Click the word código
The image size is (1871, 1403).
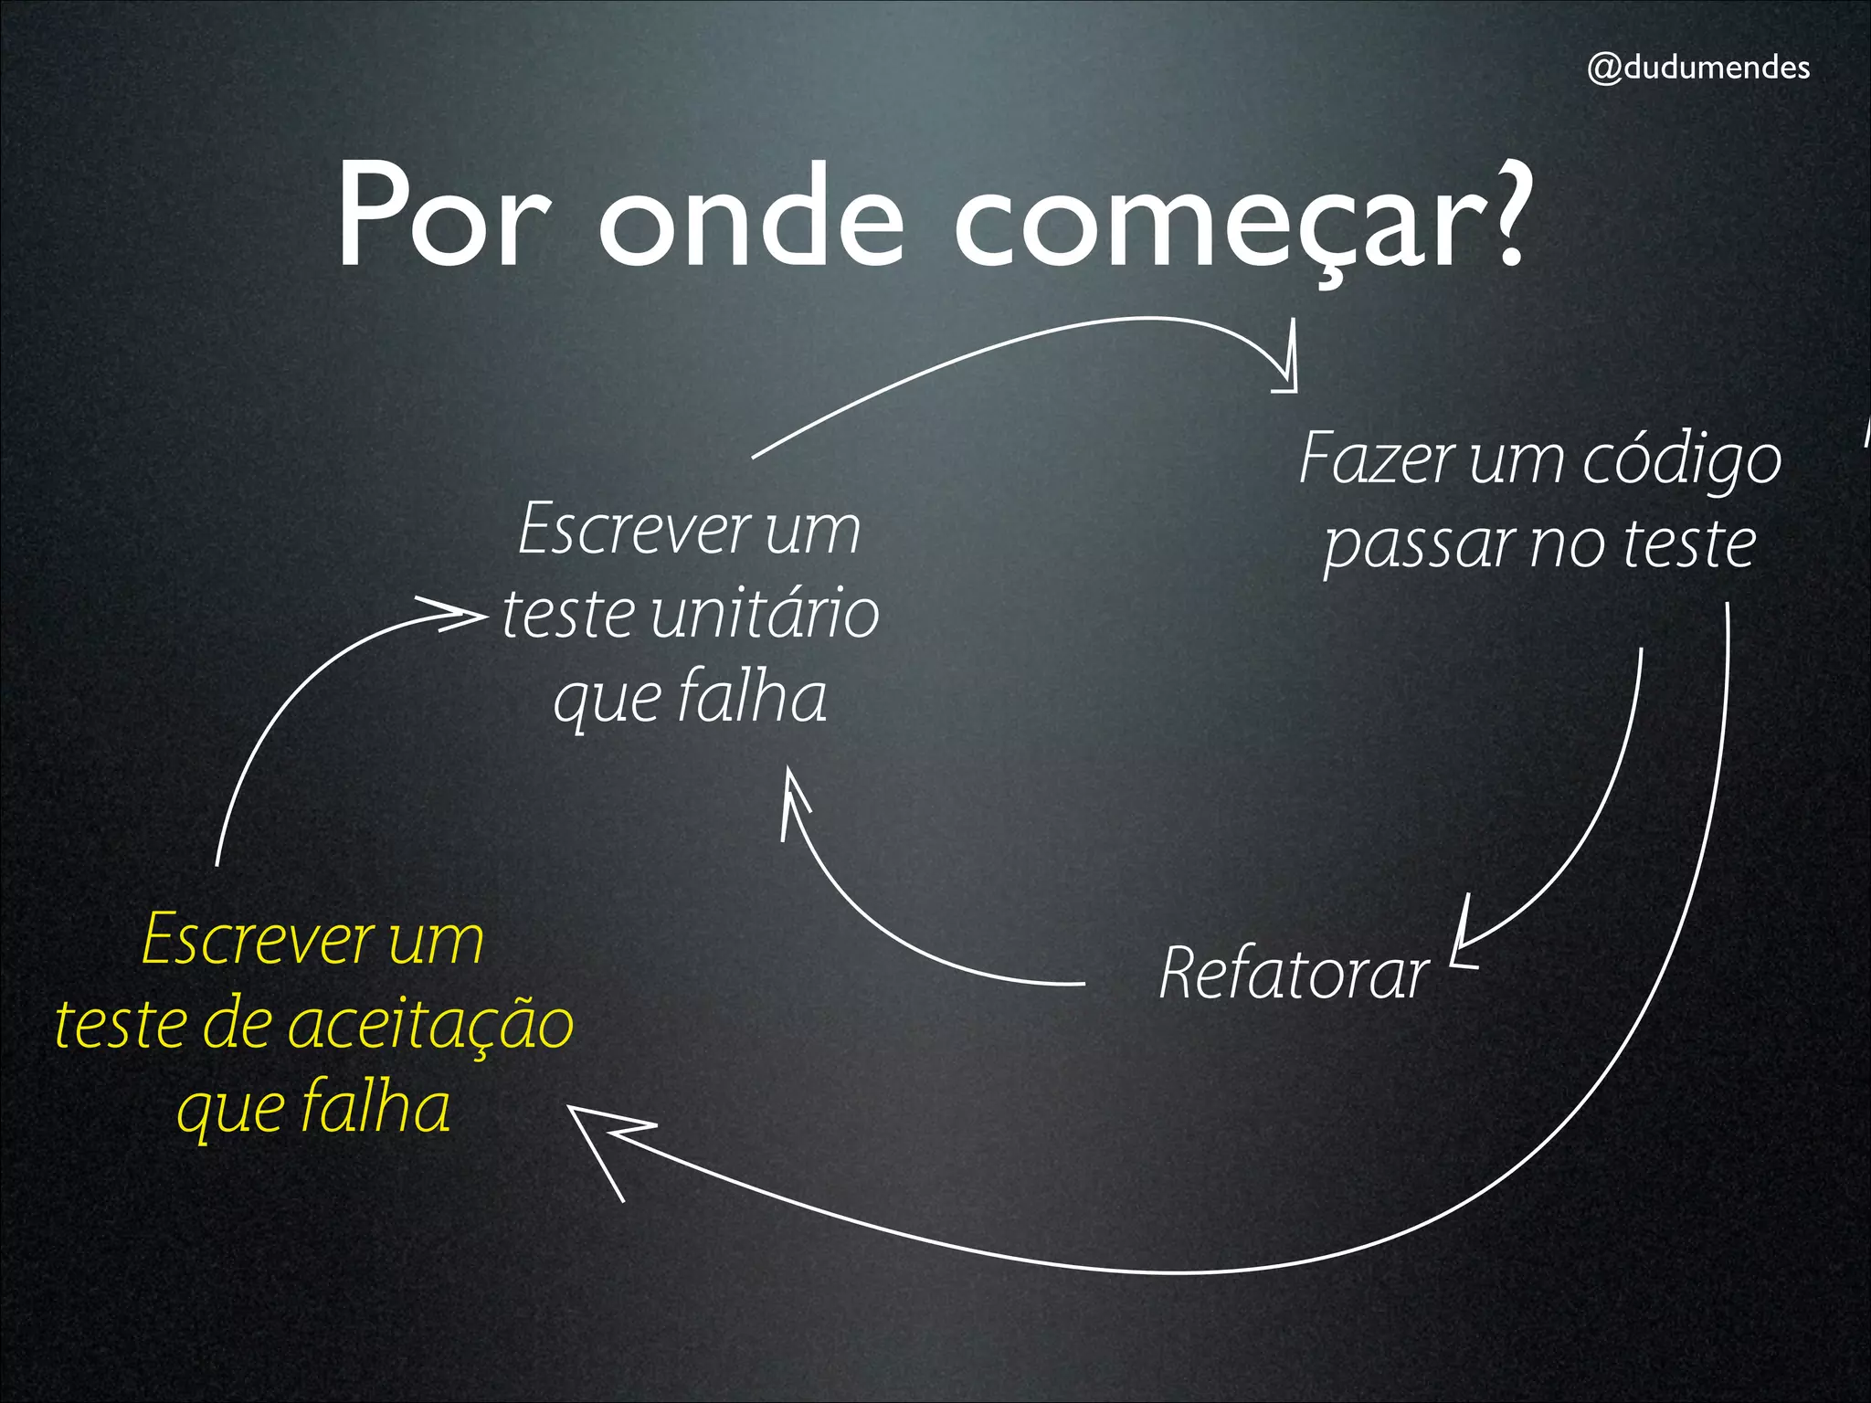pos(1681,461)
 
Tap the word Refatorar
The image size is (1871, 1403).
pos(1294,974)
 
